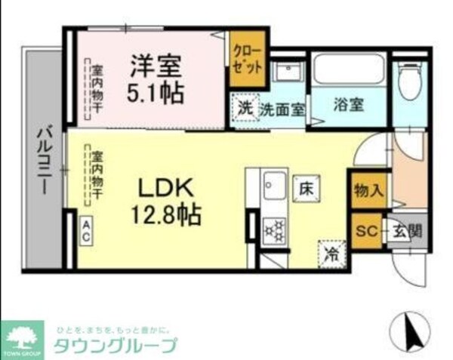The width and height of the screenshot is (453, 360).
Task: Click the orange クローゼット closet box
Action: point(248,59)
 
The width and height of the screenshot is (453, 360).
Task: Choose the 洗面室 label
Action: point(282,108)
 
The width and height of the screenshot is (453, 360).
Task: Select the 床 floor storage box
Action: point(305,185)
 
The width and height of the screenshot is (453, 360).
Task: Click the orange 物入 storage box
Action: point(368,190)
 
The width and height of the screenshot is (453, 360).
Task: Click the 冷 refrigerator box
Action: point(331,252)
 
